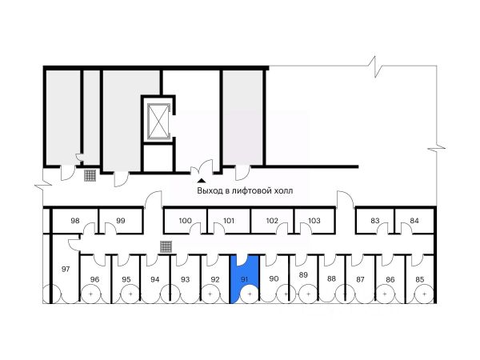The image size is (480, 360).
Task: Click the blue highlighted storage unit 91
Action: (244, 280)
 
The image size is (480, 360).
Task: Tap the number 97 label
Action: (66, 269)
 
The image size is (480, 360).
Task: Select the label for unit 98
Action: (75, 221)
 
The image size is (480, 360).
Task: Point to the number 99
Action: (121, 221)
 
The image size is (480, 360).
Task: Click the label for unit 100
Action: (185, 221)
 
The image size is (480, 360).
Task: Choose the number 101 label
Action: (228, 221)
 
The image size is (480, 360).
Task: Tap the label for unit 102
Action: (272, 221)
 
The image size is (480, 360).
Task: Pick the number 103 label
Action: (314, 221)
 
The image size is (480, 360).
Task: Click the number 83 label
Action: (374, 221)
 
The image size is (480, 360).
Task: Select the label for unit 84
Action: (414, 221)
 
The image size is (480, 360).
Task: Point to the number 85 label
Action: (420, 279)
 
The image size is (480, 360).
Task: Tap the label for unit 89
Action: (303, 275)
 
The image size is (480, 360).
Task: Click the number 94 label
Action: (155, 279)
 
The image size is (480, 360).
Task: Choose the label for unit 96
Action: (95, 279)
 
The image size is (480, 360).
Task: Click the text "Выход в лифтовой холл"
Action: (245, 192)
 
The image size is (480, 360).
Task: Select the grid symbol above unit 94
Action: (166, 246)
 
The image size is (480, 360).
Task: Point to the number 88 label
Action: (331, 279)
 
